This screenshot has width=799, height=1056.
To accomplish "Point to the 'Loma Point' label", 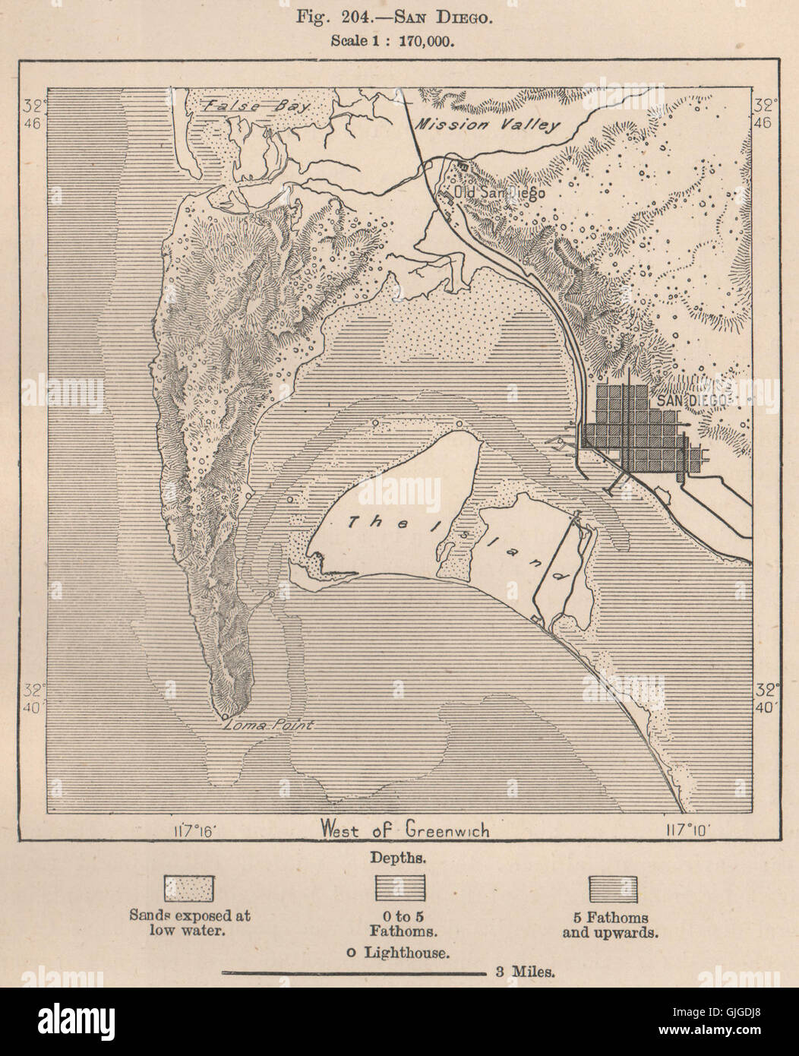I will pyautogui.click(x=271, y=726).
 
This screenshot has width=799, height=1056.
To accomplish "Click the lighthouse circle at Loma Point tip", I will pyautogui.click(x=226, y=716).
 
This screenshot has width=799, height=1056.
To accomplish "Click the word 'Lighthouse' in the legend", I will pyautogui.click(x=406, y=950).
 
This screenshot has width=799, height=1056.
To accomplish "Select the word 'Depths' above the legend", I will pyautogui.click(x=399, y=858).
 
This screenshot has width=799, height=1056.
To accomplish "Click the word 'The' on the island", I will pyautogui.click(x=366, y=521).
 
